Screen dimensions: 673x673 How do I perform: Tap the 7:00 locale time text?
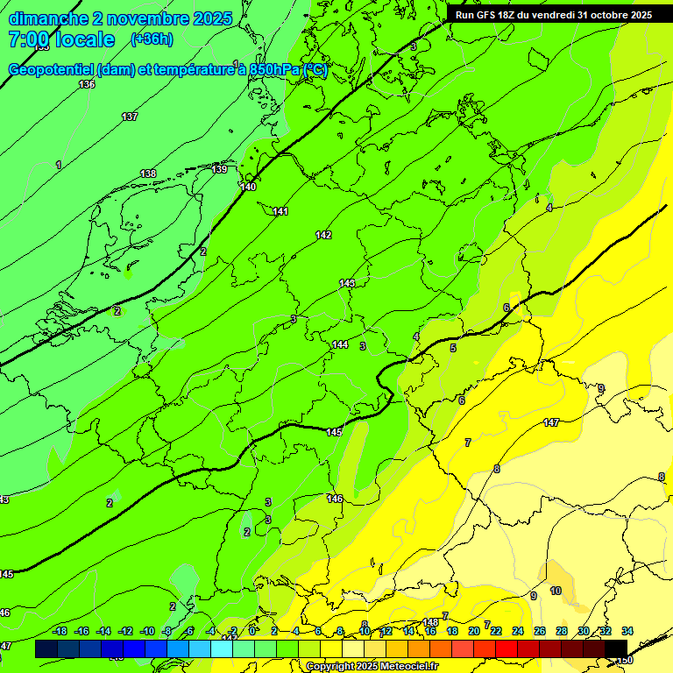61,39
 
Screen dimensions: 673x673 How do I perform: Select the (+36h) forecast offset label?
152,39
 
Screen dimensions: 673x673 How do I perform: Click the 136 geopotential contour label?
86,84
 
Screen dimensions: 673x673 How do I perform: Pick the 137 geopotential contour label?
130,117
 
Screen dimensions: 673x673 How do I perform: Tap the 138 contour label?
148,174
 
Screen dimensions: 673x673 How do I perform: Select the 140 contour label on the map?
248,187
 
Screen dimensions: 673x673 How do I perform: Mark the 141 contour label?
280,211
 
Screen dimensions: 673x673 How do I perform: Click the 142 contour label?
323,235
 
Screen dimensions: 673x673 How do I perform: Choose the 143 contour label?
347,283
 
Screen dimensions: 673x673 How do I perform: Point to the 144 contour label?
340,344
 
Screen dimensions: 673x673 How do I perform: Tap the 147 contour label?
550,422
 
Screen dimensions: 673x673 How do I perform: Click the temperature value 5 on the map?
453,348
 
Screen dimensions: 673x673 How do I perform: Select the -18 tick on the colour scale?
60,631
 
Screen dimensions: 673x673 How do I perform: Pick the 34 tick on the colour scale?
627,631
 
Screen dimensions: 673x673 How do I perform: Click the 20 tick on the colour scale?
474,631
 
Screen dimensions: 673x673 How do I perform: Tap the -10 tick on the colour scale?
147,631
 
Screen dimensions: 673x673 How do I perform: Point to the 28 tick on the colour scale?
561,631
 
